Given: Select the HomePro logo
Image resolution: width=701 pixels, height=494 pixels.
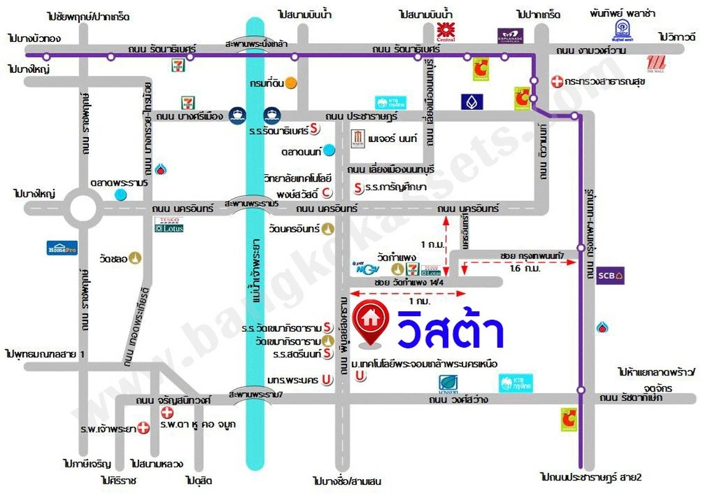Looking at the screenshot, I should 62,248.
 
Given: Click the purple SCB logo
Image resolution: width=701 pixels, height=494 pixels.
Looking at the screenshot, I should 611,275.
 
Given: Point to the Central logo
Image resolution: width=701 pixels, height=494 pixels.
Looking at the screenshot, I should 445,31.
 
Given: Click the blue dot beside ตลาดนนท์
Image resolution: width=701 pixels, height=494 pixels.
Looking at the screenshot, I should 330,149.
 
